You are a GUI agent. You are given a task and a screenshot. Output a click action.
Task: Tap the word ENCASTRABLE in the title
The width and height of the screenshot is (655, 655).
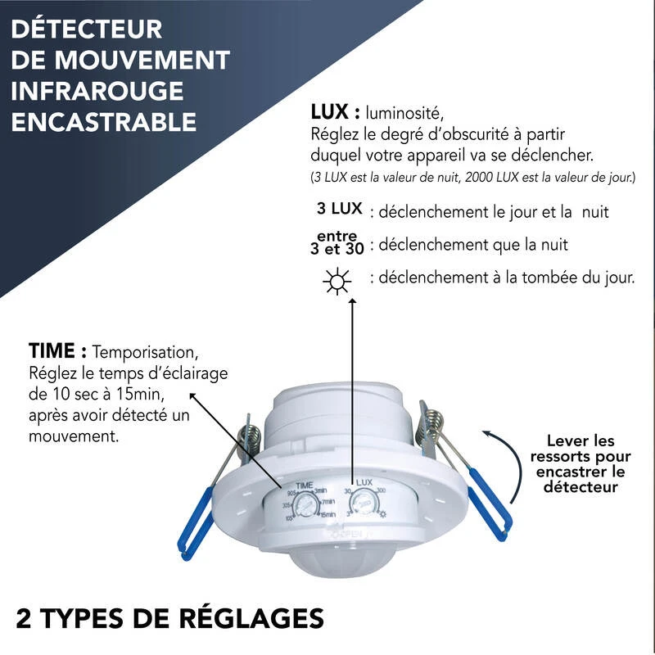[105, 122]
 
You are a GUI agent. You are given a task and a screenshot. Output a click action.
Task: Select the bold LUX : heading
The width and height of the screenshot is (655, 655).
[336, 112]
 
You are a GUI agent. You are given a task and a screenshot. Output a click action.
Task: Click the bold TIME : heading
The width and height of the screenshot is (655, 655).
[57, 352]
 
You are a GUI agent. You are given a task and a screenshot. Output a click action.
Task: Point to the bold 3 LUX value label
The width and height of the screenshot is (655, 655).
[340, 209]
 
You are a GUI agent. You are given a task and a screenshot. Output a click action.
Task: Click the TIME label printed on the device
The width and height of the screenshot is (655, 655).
[305, 485]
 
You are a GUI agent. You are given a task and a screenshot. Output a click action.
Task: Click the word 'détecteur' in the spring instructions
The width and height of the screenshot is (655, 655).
[580, 487]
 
